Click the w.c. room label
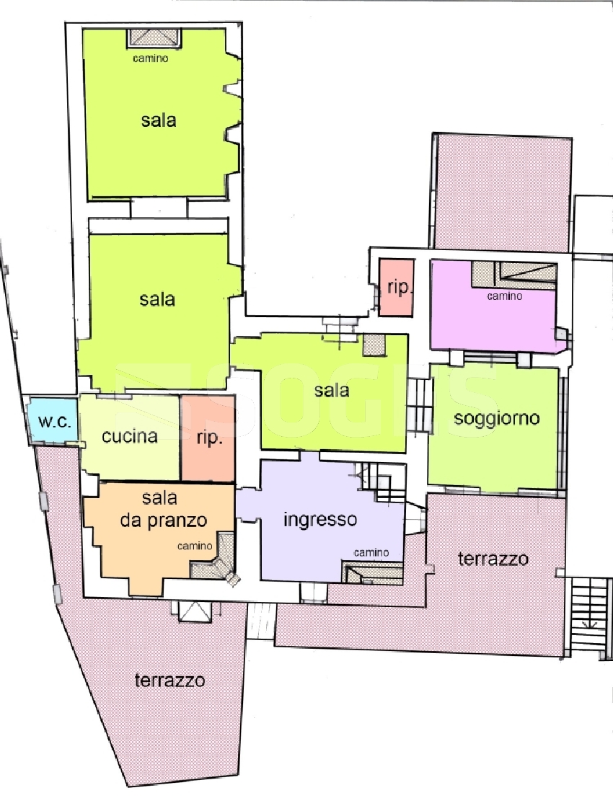[54, 422]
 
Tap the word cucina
[129, 436]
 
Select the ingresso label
[320, 519]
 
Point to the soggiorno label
[497, 418]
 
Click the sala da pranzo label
[164, 509]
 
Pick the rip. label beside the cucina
[210, 438]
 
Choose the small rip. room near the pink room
[396, 288]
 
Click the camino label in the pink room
[504, 296]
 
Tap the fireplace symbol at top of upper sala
[154, 39]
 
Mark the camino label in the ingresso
[371, 552]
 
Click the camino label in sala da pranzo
[195, 546]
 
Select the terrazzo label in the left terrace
[169, 680]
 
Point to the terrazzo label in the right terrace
[493, 559]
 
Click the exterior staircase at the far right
[588, 616]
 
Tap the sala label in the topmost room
[159, 120]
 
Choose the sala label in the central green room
[332, 390]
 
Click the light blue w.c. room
[53, 420]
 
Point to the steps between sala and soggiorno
[419, 406]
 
